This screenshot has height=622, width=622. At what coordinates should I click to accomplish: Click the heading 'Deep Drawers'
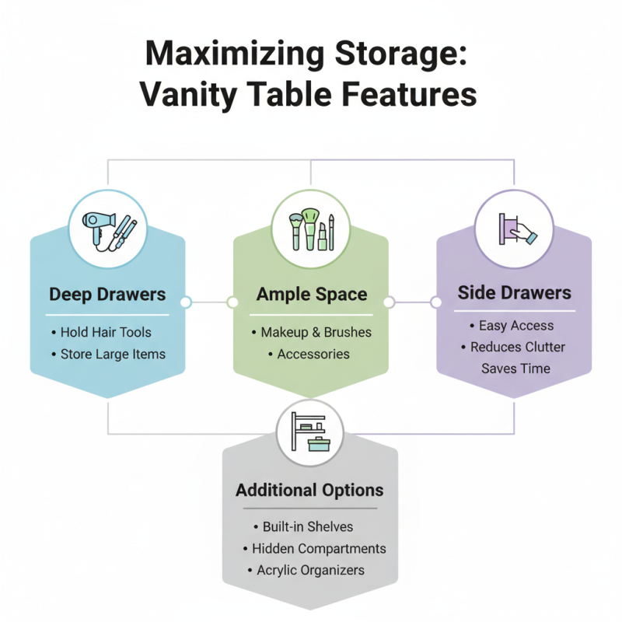click(x=107, y=295)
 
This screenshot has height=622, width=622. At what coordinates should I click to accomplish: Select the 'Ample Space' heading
click(x=312, y=295)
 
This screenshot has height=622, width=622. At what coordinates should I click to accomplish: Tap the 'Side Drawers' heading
click(x=514, y=292)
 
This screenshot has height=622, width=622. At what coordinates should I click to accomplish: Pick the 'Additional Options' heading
click(x=309, y=491)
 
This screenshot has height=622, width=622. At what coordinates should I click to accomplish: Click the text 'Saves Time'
click(x=515, y=368)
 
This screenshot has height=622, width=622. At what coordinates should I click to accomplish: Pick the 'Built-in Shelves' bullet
click(x=308, y=526)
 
